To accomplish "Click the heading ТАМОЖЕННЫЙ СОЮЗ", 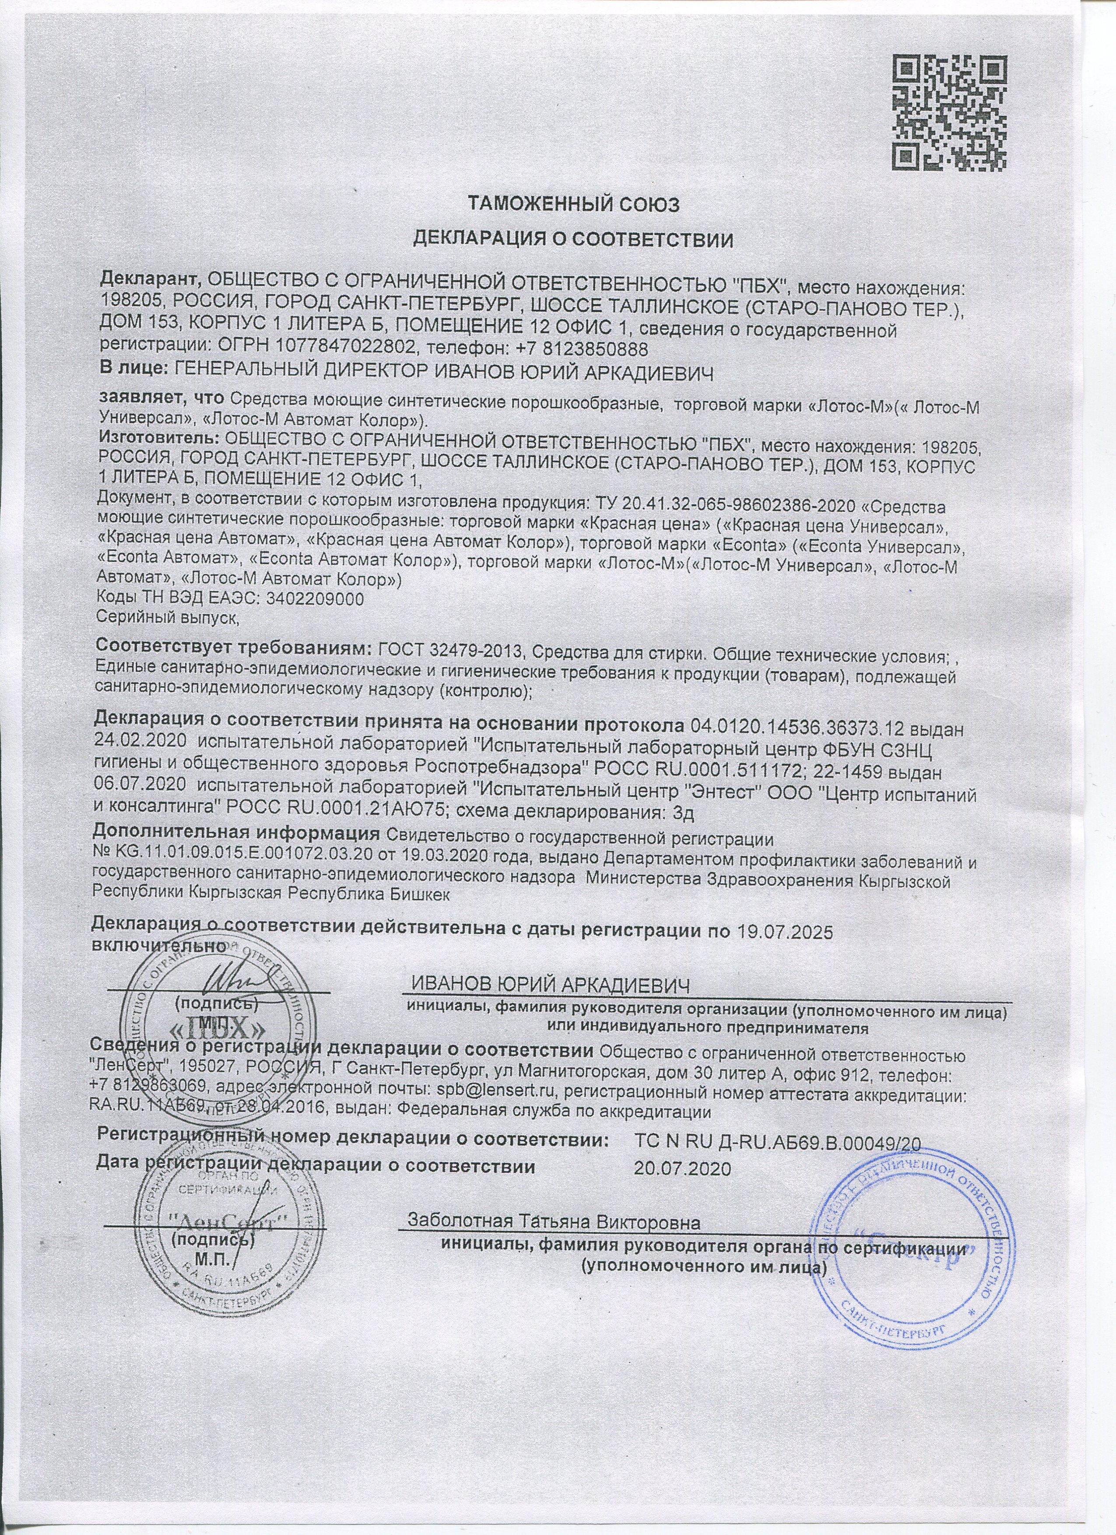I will point(573,204).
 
